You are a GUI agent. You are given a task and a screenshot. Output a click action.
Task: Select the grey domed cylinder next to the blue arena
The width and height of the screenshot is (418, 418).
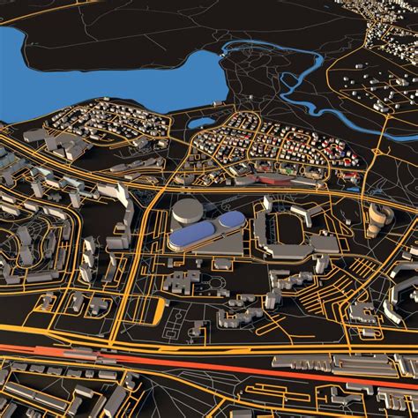coord(187,211)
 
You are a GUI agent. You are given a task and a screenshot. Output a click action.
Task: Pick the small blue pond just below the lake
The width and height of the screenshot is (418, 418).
coord(202,123)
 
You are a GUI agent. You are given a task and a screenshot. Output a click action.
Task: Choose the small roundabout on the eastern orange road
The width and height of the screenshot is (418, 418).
coord(376,152)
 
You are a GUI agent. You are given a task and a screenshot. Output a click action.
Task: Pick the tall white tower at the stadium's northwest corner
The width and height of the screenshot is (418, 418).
coord(265,205)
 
